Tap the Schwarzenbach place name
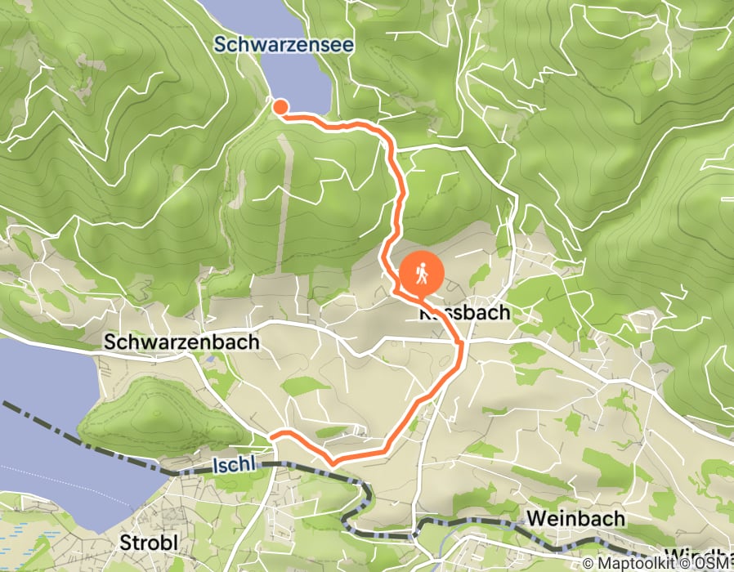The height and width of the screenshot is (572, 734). click(181, 342)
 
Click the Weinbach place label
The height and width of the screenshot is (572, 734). click(575, 518)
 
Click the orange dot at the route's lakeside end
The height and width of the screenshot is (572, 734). click(280, 106)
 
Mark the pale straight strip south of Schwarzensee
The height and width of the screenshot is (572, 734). click(283, 204)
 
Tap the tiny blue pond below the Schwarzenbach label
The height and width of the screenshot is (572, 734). click(212, 357)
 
